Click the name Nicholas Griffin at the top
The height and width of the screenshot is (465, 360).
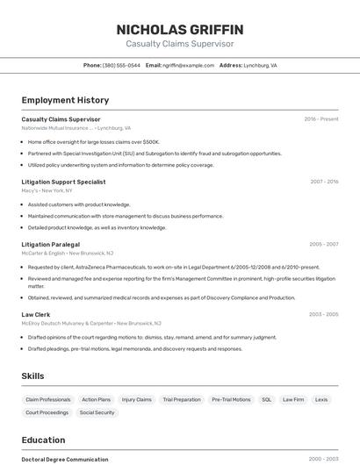tap(179, 30)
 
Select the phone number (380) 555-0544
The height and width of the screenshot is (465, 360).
tap(121, 65)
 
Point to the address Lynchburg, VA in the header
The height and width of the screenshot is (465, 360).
tap(260, 65)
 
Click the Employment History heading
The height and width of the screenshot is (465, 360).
tap(65, 100)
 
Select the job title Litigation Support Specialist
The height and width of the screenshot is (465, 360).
tap(63, 182)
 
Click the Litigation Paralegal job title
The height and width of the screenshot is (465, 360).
tap(50, 244)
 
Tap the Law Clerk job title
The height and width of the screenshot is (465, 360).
tap(36, 314)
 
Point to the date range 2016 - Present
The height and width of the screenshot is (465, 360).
tap(321, 119)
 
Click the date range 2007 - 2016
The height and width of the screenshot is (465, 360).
tap(324, 182)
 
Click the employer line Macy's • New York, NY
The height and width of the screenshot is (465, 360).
tap(47, 190)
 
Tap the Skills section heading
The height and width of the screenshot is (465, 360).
tap(32, 376)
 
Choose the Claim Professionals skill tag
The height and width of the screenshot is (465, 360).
tap(48, 399)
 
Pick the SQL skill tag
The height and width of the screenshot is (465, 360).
tap(266, 399)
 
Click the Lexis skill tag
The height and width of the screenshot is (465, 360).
tap(321, 399)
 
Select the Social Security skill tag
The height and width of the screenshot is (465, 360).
tap(97, 412)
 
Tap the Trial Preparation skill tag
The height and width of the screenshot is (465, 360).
tap(182, 399)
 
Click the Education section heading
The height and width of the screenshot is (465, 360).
tap(43, 440)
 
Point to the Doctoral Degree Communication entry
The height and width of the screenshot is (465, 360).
tap(65, 459)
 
